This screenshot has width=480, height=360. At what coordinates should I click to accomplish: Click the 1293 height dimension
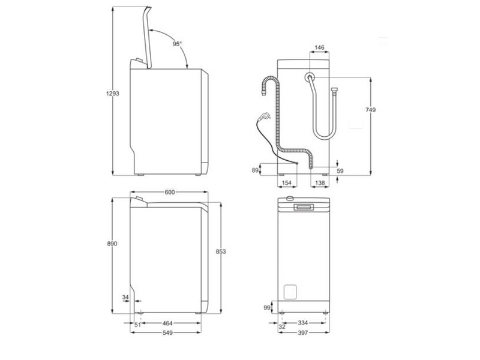point(105,94)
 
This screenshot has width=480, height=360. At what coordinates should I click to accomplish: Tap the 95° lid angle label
point(177,44)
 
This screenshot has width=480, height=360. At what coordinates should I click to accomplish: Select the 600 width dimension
point(170,192)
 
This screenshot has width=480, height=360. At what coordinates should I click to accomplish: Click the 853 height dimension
point(221,252)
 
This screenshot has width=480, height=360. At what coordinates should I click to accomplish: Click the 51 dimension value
point(137,325)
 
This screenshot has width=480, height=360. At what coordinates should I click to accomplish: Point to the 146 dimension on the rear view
point(320,47)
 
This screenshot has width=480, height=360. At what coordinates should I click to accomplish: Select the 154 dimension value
point(287,182)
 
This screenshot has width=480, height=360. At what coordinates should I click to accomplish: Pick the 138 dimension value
point(320,182)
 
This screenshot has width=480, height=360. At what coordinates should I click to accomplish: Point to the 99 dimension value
point(268,308)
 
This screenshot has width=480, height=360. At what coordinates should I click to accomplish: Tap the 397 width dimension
point(304,335)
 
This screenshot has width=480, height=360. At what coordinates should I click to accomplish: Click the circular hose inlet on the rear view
point(309,77)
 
